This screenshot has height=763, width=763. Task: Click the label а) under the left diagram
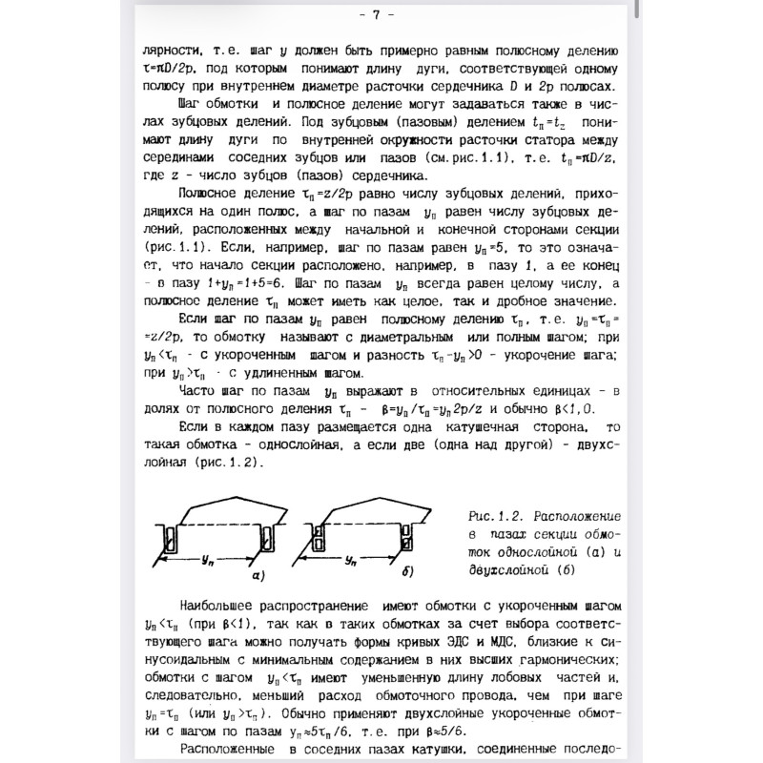[257, 576]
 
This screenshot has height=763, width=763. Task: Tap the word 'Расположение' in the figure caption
[576, 513]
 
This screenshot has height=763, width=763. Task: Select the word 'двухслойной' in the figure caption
[506, 569]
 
